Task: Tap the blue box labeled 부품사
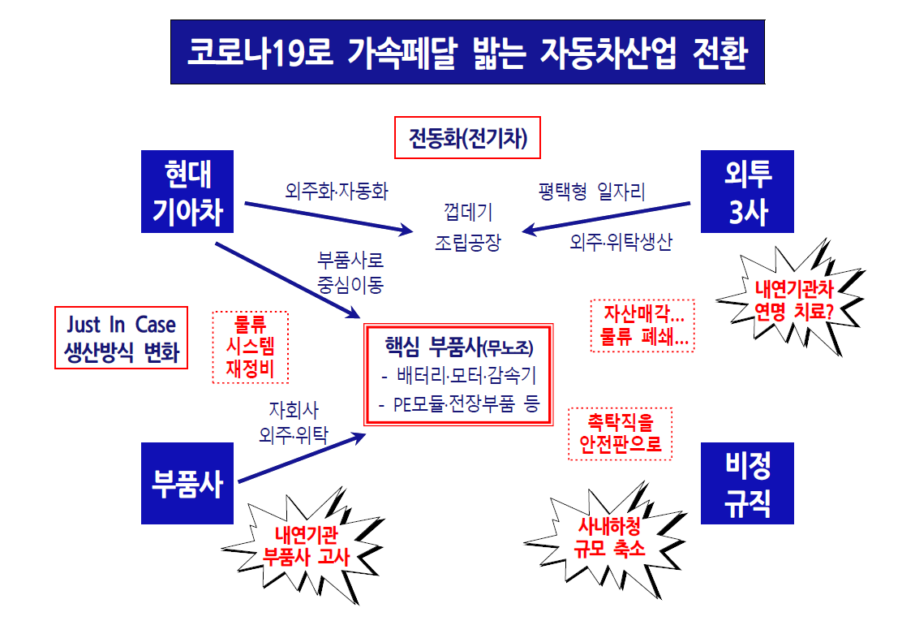tap(187, 483)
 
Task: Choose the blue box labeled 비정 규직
tap(747, 483)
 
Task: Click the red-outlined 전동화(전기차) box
tap(467, 139)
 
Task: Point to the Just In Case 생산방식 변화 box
tap(121, 338)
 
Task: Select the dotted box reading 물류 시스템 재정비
tap(250, 347)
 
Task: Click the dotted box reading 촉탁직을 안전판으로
tap(621, 433)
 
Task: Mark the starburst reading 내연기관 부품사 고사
tap(306, 546)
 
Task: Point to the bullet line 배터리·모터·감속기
tap(458, 377)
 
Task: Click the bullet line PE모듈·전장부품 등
tap(458, 404)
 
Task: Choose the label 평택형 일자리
tap(592, 192)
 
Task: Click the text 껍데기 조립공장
tap(467, 227)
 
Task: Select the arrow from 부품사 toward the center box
tap(300, 457)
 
